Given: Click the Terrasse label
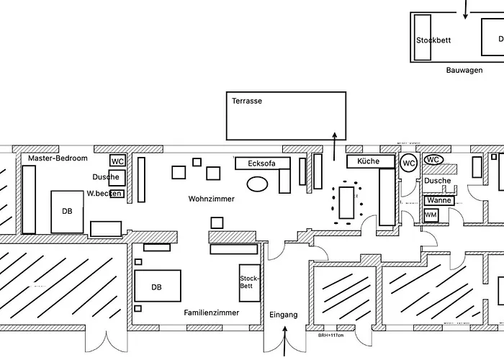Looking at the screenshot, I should [247, 102].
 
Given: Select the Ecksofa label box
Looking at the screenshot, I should [262, 163].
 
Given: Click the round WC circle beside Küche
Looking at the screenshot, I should [409, 163].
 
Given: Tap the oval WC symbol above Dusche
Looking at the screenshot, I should [433, 160].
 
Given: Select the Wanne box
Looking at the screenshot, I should [438, 201].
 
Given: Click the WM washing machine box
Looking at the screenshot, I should [431, 215].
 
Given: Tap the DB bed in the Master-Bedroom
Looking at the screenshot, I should [68, 212].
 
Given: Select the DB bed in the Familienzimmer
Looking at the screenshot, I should [157, 287].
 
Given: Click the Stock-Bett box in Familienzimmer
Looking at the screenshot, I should [249, 282].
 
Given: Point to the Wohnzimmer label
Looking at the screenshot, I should [212, 199].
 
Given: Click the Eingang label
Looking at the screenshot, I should [283, 315].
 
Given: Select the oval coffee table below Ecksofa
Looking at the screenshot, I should [257, 184].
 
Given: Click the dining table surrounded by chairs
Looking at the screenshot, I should [347, 201].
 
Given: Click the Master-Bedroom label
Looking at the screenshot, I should [58, 158].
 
